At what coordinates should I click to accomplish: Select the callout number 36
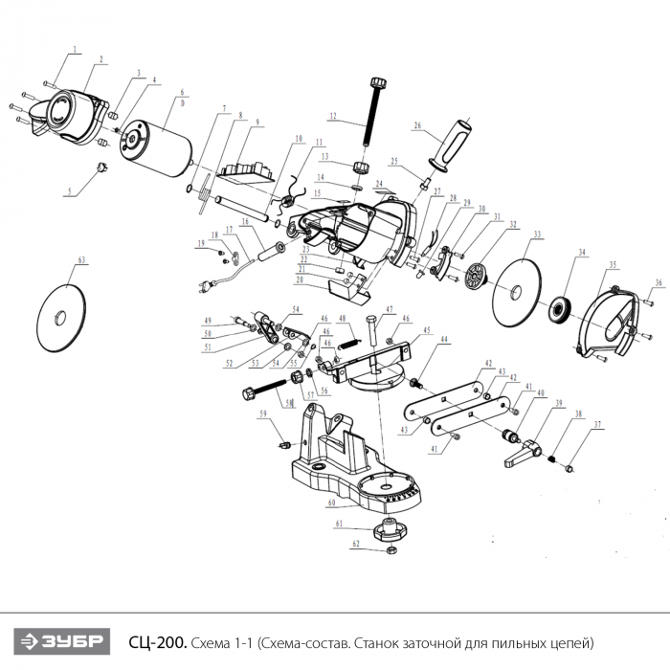tap(659, 283)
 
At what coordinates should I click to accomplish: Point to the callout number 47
tap(390, 308)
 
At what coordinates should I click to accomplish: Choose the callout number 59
tap(260, 413)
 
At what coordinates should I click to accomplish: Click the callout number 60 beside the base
tap(331, 502)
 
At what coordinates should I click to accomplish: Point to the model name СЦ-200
tap(157, 640)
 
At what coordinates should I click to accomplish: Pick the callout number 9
tap(257, 122)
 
